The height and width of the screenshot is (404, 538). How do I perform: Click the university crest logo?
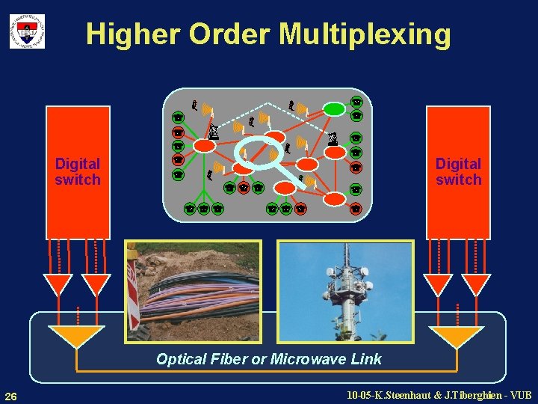tap(27, 31)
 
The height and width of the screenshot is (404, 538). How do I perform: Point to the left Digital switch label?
tap(77, 171)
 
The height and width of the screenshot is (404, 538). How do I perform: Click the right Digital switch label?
tap(459, 171)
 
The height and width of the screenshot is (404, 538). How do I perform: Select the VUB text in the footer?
tap(518, 394)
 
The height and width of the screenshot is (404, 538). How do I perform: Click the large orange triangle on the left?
tap(76, 336)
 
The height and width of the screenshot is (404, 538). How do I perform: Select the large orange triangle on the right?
tap(457, 336)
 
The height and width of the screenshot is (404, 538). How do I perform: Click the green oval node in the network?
tap(334, 109)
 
